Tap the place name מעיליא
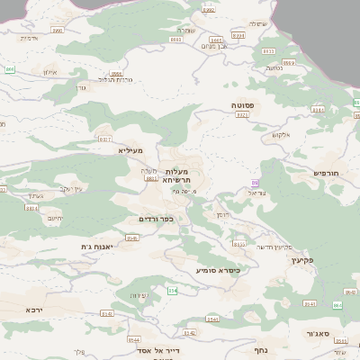coord(130,150)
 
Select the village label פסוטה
coord(242,105)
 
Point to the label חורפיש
coord(325,171)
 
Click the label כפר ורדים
coord(156,220)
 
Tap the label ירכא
coord(33,310)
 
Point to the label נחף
coord(260,349)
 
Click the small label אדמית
coord(29,38)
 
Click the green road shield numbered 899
coord(9,68)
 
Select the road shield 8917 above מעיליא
coord(105,139)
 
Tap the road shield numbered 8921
coord(242,115)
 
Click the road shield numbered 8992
coord(209,10)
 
